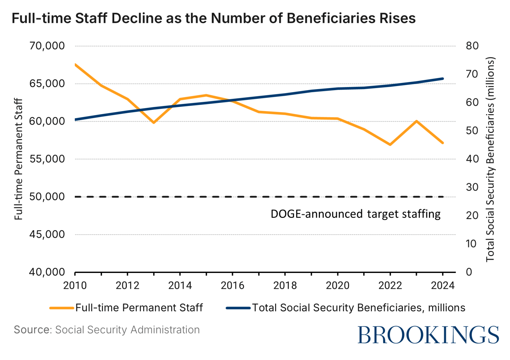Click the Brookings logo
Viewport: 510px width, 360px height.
428,335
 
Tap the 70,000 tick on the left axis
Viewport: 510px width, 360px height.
47,46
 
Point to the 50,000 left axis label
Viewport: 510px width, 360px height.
47,197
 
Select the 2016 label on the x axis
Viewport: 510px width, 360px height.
233,286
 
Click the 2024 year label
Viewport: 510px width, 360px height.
443,286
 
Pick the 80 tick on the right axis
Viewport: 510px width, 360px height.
472,46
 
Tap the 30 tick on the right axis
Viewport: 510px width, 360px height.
472,187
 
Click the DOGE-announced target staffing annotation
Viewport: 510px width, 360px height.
355,214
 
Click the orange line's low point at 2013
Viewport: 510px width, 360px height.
154,122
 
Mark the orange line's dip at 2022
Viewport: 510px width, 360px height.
390,145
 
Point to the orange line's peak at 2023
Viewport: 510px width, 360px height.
417,121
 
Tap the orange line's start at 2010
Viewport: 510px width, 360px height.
75,64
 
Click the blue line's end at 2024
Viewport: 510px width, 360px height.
443,79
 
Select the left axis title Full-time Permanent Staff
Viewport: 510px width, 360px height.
19,159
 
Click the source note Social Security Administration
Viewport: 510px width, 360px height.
127,330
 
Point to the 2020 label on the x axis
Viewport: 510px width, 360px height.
338,286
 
